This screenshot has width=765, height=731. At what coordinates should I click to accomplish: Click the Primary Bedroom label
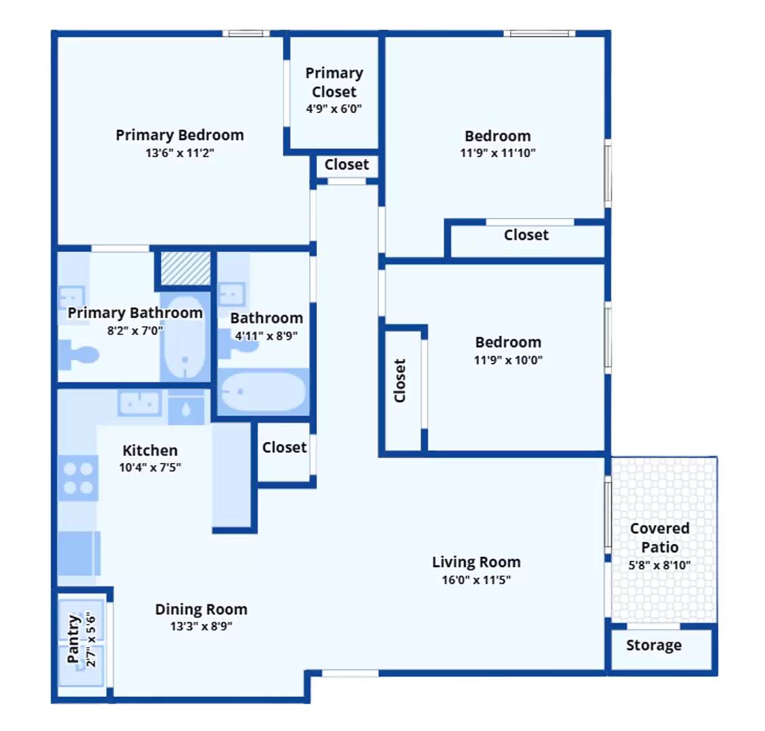tap(179, 135)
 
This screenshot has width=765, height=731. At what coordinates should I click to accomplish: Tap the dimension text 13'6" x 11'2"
tap(179, 153)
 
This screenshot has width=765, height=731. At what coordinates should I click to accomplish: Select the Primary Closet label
tap(334, 82)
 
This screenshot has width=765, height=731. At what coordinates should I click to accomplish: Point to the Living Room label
tap(476, 562)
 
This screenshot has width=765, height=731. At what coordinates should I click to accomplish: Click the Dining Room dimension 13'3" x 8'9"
tap(201, 626)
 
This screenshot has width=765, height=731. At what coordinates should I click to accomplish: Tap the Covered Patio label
tap(659, 537)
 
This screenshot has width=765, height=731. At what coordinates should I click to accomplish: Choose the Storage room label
tap(654, 645)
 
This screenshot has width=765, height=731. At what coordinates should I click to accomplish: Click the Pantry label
tap(73, 639)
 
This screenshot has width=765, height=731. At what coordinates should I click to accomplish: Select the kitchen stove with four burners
tap(78, 479)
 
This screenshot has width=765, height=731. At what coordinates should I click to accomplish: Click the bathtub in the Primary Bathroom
tap(185, 337)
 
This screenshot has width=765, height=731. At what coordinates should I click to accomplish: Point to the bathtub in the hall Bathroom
tap(263, 392)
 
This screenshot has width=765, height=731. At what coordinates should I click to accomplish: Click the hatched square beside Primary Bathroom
tap(186, 268)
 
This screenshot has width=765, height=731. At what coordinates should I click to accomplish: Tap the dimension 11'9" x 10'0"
tap(508, 360)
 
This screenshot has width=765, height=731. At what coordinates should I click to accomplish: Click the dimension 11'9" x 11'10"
tap(498, 153)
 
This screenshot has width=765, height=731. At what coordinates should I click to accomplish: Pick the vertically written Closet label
tap(400, 381)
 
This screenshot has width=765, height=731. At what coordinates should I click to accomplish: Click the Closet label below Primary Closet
tap(346, 164)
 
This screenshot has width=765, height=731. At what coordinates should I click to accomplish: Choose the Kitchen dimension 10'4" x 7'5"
tap(149, 467)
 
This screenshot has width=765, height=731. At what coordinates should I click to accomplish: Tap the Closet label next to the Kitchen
tap(285, 447)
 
